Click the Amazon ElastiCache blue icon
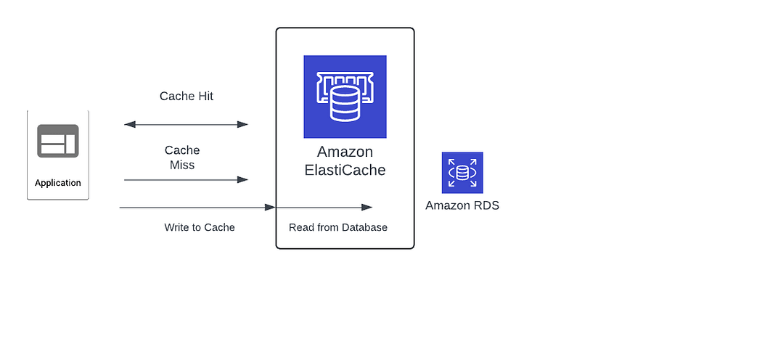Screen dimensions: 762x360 click(x=345, y=97)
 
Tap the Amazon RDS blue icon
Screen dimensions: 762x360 click(x=462, y=173)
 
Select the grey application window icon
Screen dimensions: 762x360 click(x=58, y=141)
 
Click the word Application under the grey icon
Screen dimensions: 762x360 click(x=58, y=183)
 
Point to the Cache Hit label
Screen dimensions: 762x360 click(x=187, y=97)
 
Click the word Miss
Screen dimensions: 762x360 click(x=182, y=165)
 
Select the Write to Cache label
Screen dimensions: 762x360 click(x=200, y=227)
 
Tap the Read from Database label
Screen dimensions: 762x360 click(x=338, y=227)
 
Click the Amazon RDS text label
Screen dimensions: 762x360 click(x=462, y=205)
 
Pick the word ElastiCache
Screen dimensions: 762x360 click(x=345, y=170)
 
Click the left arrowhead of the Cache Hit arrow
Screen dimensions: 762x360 click(x=130, y=124)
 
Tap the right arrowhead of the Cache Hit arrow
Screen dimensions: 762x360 click(x=242, y=124)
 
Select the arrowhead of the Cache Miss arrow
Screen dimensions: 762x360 click(x=242, y=180)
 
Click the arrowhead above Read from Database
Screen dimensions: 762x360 click(x=367, y=208)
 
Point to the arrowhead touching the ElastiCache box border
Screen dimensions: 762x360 click(x=270, y=208)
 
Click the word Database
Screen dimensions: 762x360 click(x=364, y=227)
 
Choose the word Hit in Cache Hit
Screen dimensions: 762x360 click(x=205, y=97)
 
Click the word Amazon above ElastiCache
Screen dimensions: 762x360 click(x=345, y=152)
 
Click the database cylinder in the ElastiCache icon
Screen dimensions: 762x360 click(x=345, y=104)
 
